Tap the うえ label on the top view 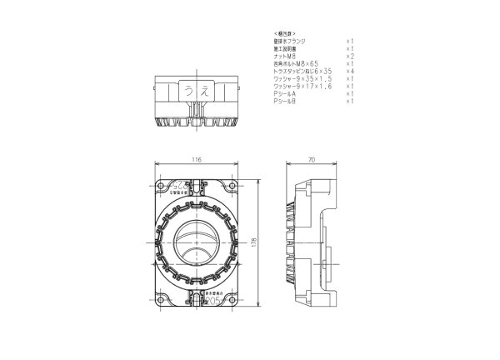[197, 90]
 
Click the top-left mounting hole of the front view [162, 186]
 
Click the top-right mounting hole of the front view [233, 186]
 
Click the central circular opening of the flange [197, 242]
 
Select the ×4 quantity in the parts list [351, 71]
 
